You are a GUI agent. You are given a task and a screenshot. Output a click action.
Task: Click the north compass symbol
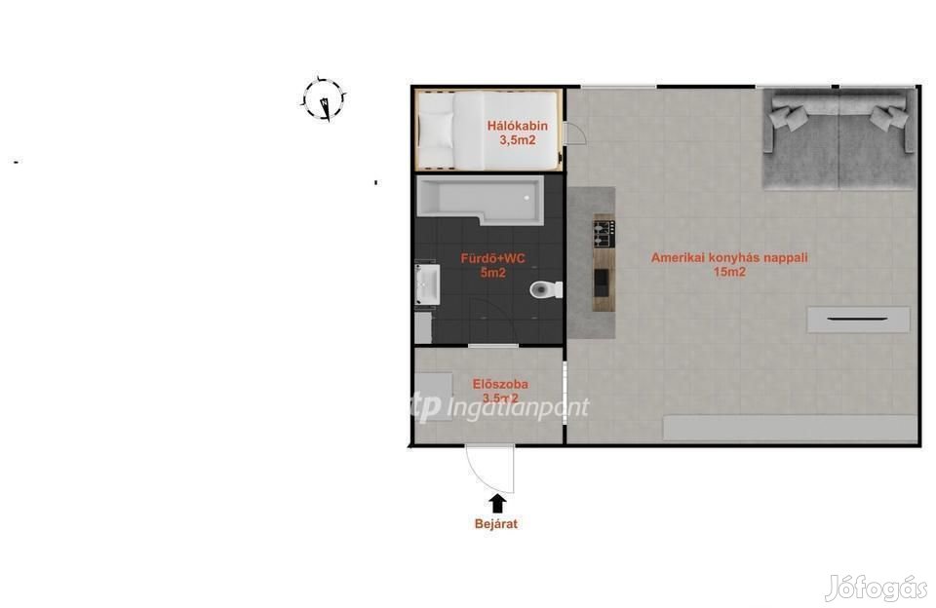point(323,99)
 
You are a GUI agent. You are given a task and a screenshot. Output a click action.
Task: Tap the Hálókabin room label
point(517,126)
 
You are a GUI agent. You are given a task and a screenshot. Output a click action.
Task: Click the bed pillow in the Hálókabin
point(435,130)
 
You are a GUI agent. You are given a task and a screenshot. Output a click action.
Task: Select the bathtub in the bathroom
point(481,200)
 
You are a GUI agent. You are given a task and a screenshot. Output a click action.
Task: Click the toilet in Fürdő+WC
point(546,289)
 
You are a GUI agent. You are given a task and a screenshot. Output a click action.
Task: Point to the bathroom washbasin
point(427,284)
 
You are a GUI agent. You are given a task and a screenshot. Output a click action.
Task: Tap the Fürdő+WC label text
point(492,258)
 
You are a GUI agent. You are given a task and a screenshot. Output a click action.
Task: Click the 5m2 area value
point(493,273)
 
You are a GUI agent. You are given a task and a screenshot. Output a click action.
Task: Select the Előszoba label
point(499,384)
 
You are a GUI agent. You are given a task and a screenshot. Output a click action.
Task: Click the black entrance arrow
point(497,503)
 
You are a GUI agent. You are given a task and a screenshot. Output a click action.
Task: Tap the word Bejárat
point(496,524)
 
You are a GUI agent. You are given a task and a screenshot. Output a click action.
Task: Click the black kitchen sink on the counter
point(602,283)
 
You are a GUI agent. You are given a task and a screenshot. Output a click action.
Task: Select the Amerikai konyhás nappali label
point(729,258)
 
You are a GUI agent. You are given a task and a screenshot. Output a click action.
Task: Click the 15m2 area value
point(729,272)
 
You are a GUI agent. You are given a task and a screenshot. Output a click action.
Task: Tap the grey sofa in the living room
point(838,138)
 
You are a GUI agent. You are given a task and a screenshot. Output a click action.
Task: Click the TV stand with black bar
point(858,320)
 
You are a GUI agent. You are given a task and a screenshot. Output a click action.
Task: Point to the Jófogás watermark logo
point(876,589)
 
